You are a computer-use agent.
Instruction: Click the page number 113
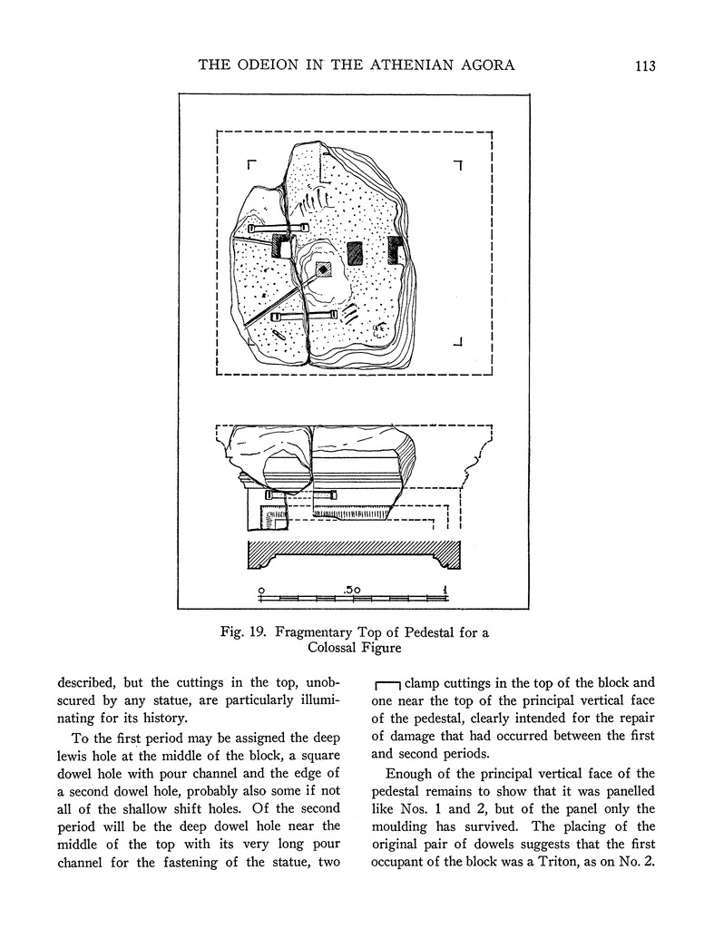click(x=645, y=65)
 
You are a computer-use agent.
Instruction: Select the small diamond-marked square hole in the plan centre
click(x=322, y=269)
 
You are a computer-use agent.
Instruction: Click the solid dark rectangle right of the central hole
click(x=355, y=253)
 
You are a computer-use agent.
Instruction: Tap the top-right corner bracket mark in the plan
click(x=459, y=165)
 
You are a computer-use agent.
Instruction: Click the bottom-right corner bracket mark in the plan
click(x=459, y=342)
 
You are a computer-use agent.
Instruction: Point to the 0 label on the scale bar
click(x=262, y=590)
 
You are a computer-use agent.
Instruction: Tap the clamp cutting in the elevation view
click(x=301, y=494)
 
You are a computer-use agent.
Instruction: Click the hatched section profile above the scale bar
click(x=353, y=552)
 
